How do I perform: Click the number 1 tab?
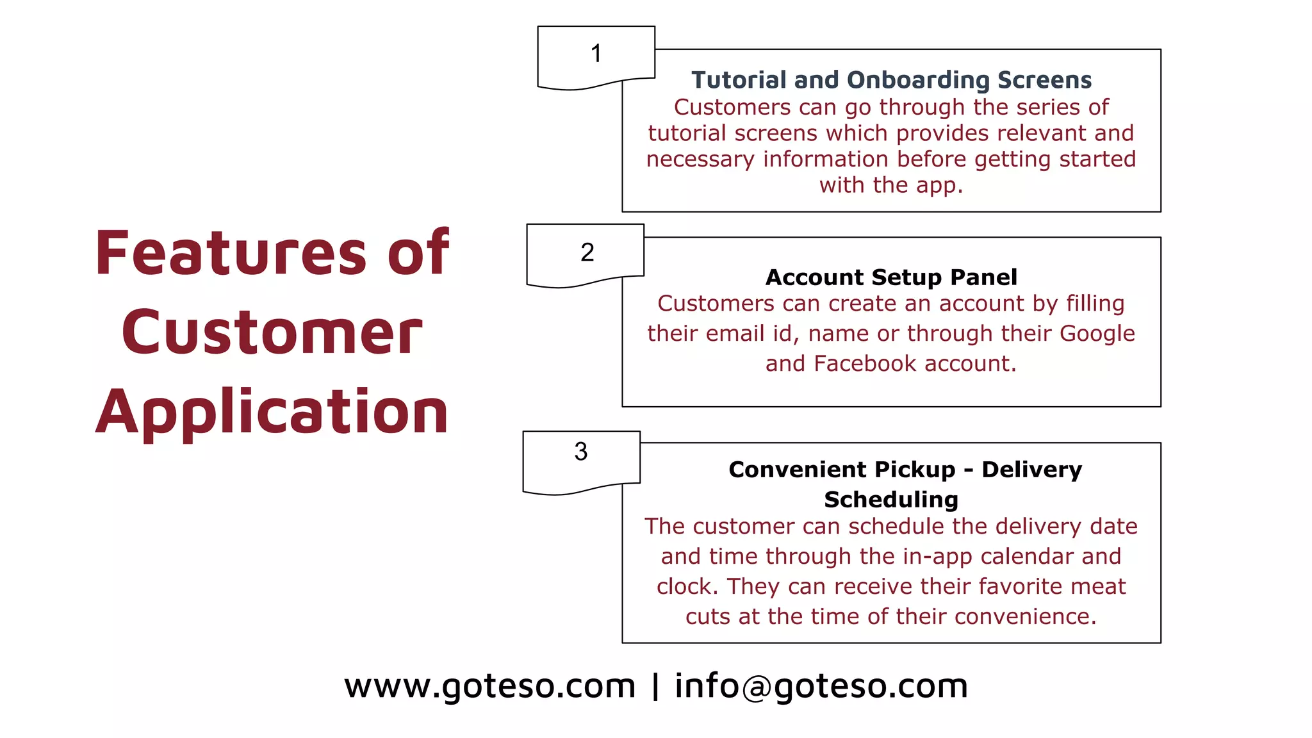596,54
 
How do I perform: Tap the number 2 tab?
586,253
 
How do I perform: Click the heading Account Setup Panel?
891,277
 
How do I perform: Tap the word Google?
1097,334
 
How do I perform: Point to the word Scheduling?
891,500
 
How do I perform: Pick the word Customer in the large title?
272,332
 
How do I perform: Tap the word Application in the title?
272,412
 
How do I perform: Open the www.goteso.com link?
489,686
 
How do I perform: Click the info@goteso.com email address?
821,686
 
